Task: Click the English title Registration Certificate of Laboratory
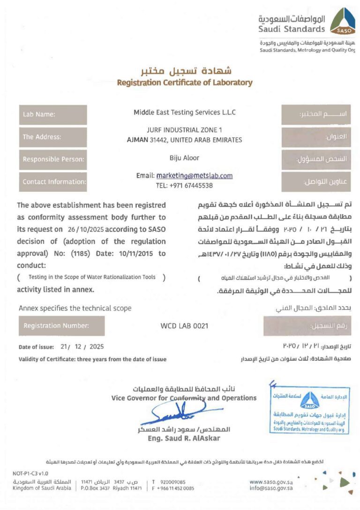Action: point(184,83)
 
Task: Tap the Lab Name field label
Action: point(53,114)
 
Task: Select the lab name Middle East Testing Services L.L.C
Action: point(185,113)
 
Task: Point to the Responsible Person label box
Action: point(53,160)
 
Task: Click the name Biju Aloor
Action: point(184,158)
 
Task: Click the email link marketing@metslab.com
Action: point(195,175)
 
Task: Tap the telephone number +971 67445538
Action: point(184,185)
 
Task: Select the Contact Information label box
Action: point(53,182)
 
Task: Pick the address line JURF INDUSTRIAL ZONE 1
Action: point(184,130)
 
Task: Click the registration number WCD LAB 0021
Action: point(184,326)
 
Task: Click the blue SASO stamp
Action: point(309,406)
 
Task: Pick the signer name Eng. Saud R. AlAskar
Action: point(184,438)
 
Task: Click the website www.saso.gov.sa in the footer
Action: point(271,481)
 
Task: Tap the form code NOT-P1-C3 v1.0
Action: point(30,473)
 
